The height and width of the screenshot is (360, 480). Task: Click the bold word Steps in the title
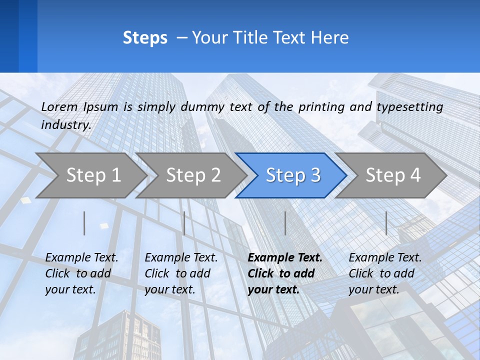(x=145, y=38)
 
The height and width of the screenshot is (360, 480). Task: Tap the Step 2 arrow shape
(x=193, y=175)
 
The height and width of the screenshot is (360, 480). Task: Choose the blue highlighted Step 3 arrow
(x=293, y=175)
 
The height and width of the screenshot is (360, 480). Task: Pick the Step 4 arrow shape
(x=393, y=175)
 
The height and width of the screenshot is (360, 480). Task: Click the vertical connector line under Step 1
(x=84, y=223)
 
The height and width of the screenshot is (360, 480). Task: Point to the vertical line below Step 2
(x=184, y=223)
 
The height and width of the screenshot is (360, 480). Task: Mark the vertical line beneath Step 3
(x=285, y=223)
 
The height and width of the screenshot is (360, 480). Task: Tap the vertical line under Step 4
(x=386, y=223)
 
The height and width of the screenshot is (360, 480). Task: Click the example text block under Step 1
(x=81, y=273)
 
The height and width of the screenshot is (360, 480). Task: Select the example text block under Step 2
(x=181, y=273)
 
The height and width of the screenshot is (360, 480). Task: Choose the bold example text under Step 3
(x=285, y=273)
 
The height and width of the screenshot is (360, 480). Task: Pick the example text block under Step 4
(x=385, y=273)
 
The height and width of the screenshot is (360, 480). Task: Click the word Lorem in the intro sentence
(x=59, y=106)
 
